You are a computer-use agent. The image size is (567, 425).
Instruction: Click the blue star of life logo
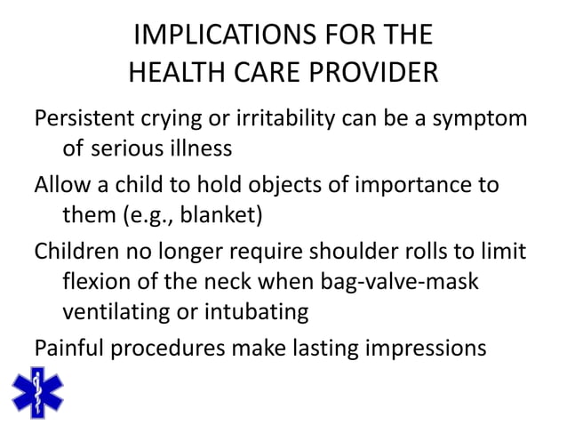[x=37, y=392]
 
